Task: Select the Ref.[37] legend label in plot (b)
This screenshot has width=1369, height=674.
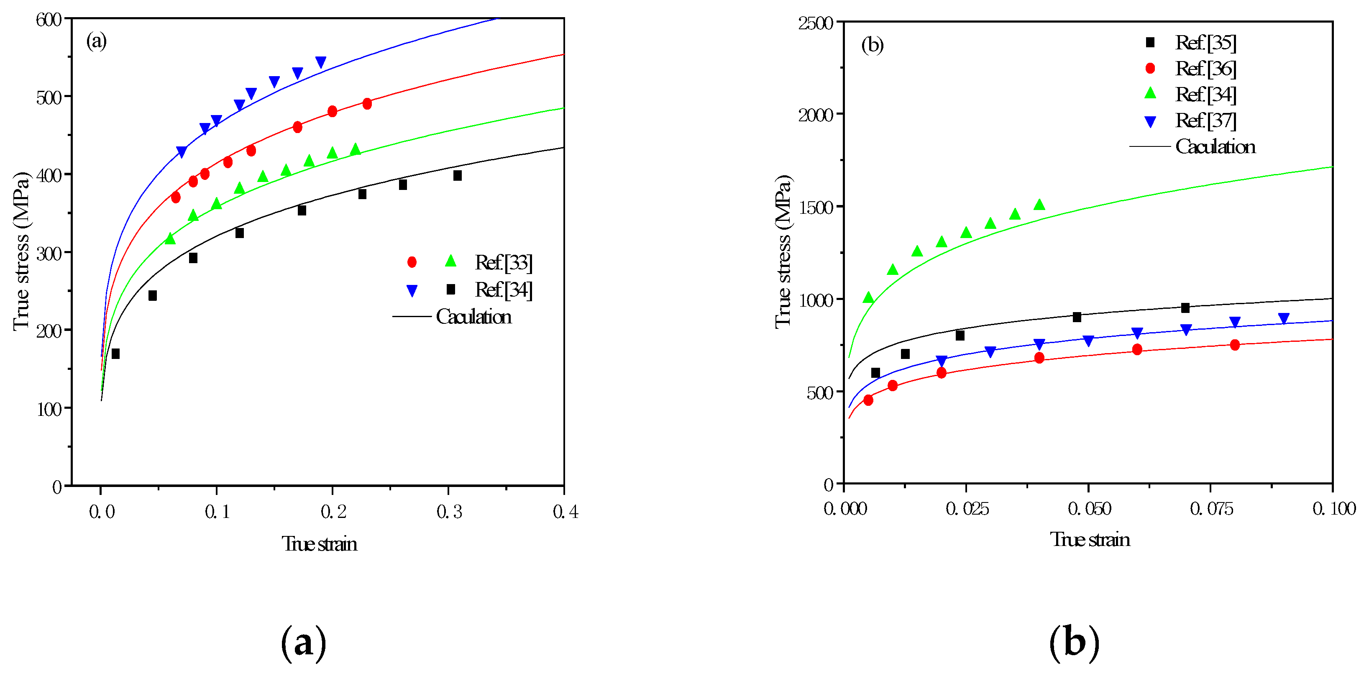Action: pyautogui.click(x=1206, y=120)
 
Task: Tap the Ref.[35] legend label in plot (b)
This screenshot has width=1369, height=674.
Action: pyautogui.click(x=1206, y=43)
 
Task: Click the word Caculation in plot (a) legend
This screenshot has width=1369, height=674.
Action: pyautogui.click(x=473, y=317)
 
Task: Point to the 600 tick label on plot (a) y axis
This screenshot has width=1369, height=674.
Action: pyautogui.click(x=49, y=20)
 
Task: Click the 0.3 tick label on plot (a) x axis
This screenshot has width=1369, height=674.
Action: pyautogui.click(x=449, y=511)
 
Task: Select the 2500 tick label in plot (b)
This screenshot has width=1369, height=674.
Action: pyautogui.click(x=816, y=23)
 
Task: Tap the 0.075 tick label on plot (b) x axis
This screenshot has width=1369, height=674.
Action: pyautogui.click(x=1211, y=509)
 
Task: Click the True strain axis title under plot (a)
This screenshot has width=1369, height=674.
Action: pyautogui.click(x=320, y=544)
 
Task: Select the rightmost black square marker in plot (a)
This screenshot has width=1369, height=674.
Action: pyautogui.click(x=458, y=175)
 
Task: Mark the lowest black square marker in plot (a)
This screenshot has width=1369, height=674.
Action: pyautogui.click(x=115, y=354)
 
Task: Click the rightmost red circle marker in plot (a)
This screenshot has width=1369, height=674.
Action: pyautogui.click(x=367, y=104)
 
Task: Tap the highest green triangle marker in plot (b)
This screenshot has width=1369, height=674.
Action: pyautogui.click(x=1039, y=205)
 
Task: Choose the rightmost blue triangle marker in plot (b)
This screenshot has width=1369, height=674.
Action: pyautogui.click(x=1283, y=319)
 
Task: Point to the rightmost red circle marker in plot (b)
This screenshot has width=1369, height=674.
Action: pyautogui.click(x=1235, y=345)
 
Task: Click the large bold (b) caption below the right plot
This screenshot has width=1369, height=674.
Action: pyautogui.click(x=1074, y=643)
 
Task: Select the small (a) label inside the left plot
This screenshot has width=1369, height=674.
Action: pyautogui.click(x=96, y=41)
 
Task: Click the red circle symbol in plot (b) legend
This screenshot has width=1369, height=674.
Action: pyautogui.click(x=1150, y=68)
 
